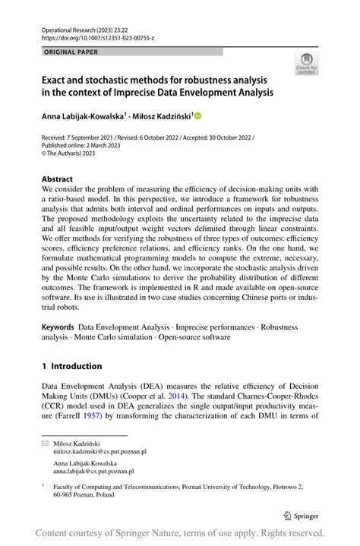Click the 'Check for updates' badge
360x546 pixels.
tap(307, 63)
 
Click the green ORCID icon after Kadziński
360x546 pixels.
tap(198, 115)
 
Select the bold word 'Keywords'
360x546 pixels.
tap(58, 327)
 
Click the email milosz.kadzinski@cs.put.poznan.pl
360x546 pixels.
tap(99, 450)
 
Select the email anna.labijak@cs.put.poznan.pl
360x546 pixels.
tap(94, 471)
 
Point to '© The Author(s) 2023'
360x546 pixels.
tap(71, 154)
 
